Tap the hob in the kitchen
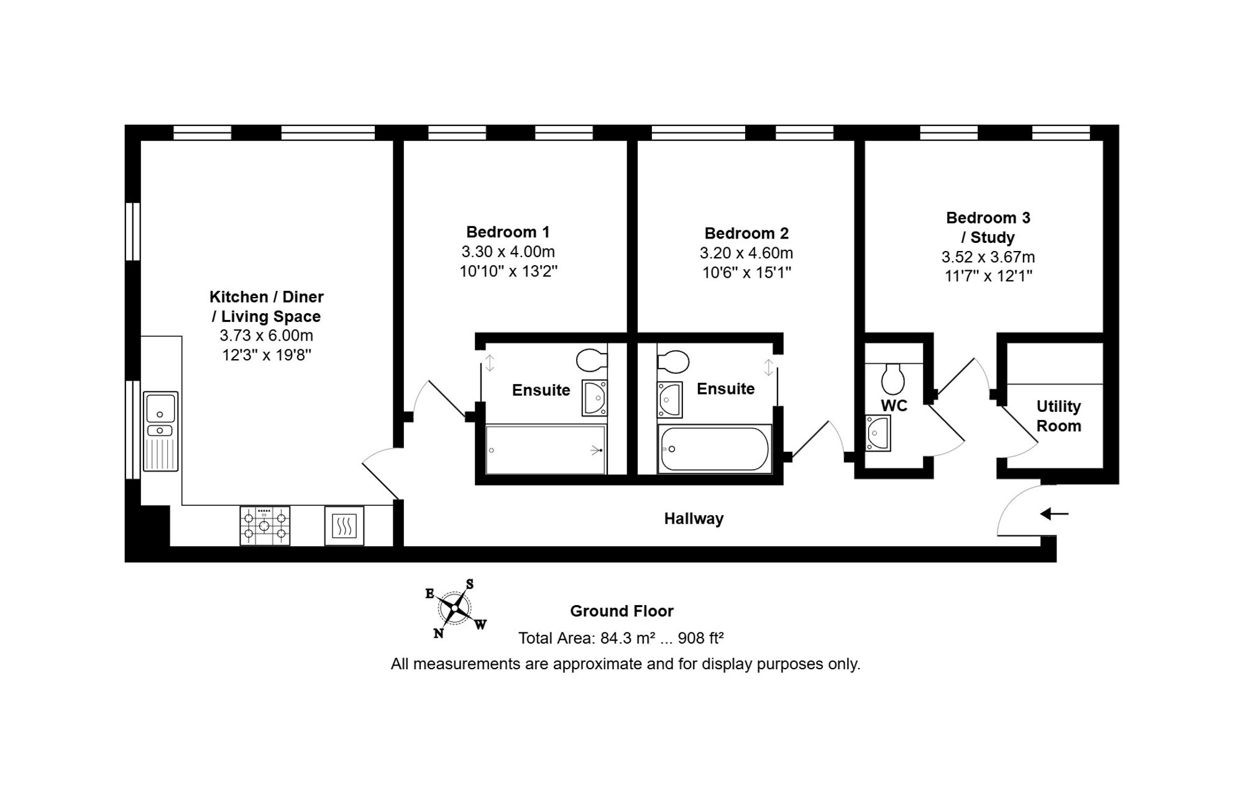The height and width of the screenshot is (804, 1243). coord(265,526)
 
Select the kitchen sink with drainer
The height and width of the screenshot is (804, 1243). coord(161,431)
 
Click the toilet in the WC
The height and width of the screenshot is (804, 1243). coord(893,378)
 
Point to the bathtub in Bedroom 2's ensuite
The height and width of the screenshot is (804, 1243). coord(715,449)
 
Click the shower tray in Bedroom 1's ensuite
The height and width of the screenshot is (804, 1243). coord(545,449)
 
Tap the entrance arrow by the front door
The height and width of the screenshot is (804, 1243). coord(1054,514)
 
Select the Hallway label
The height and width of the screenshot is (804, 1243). coord(694,518)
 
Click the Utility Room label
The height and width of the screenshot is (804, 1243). coord(1058,416)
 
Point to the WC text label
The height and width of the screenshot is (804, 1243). coord(894,405)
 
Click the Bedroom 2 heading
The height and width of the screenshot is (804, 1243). coord(746,233)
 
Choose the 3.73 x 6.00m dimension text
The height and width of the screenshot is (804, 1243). coord(266,336)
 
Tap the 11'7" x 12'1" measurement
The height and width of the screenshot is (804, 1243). coord(988,276)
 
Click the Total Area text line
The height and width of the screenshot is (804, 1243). coord(621,637)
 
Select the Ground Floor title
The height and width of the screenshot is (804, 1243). coord(621,611)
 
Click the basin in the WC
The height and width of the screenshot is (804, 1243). coord(878,432)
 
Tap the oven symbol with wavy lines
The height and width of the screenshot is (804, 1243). coord(344,526)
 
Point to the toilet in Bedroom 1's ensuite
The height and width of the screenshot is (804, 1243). coord(592,359)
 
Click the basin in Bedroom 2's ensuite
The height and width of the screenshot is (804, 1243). coord(670,400)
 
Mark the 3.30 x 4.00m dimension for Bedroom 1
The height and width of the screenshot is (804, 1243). coord(508,252)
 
